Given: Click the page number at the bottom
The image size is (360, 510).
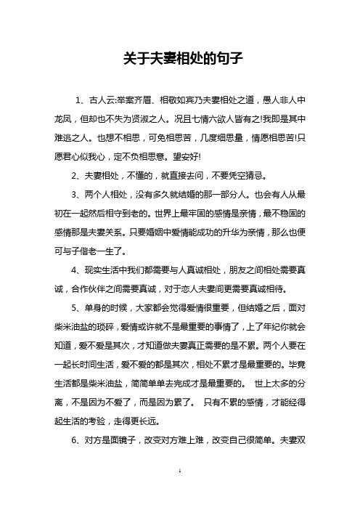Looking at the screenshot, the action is point(179,490).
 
